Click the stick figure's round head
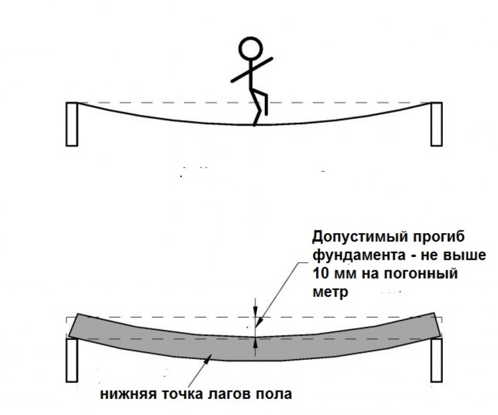(251, 49)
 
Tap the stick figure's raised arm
(252, 70)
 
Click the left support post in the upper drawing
(72, 124)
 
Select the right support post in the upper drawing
(436, 124)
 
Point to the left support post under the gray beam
(72, 360)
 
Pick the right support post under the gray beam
(436, 360)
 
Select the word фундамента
(359, 256)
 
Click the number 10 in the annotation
(321, 274)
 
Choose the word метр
(330, 293)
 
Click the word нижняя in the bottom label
(129, 394)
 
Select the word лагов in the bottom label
(229, 394)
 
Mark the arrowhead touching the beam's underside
(208, 359)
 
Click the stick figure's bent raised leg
(260, 102)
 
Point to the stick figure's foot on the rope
(254, 124)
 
